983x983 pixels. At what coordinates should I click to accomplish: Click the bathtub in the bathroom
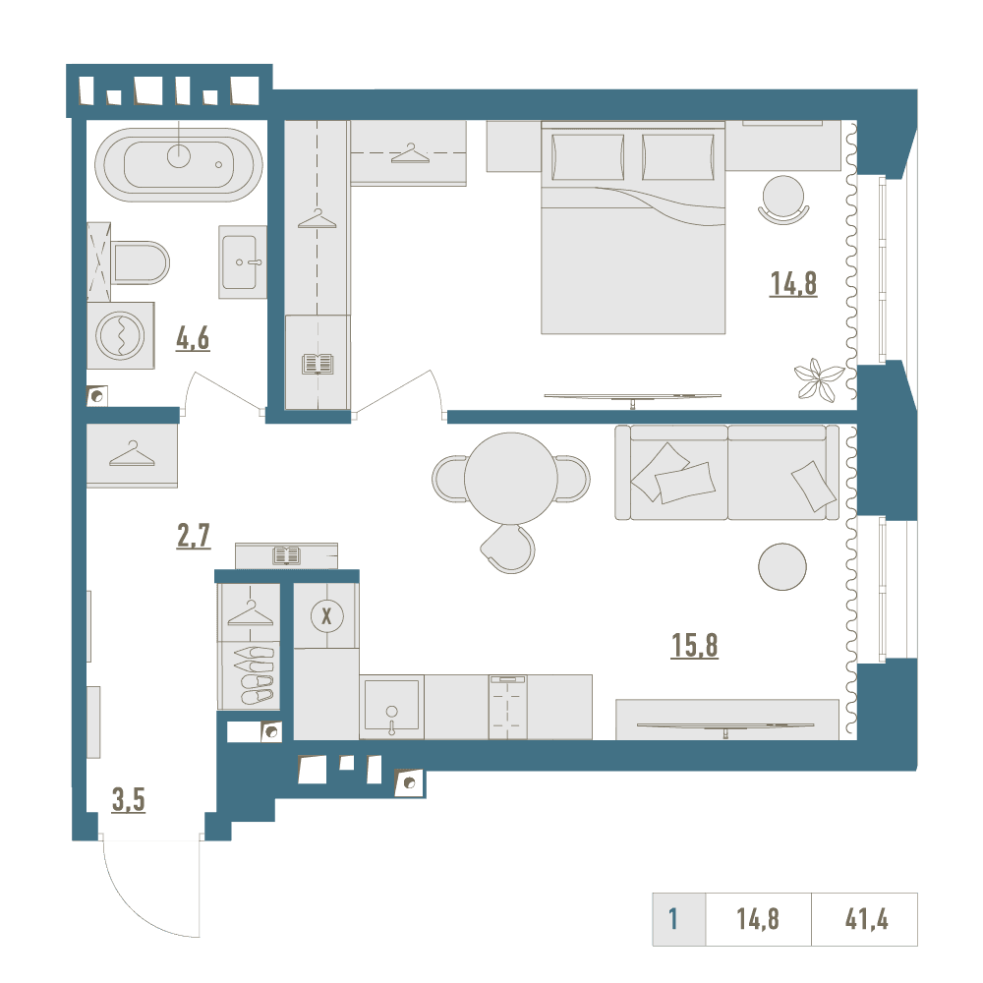coord(179,165)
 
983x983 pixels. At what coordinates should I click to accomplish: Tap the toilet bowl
coord(141,262)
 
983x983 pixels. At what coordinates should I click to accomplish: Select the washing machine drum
coord(120,335)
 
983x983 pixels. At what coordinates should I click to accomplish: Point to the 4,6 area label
coord(193,340)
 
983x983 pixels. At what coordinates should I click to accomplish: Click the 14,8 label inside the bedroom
coord(793,284)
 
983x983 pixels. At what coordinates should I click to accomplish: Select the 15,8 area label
coord(695,645)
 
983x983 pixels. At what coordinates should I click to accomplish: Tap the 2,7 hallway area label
coord(194,536)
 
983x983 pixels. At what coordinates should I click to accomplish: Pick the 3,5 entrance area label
coord(129,800)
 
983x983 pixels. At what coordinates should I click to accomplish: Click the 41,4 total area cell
coord(866,919)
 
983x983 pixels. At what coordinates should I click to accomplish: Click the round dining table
coord(511,479)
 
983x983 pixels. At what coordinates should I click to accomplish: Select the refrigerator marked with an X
coord(326,615)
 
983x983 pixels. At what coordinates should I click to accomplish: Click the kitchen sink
coord(392,705)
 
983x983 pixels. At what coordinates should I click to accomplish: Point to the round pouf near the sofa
coord(782,566)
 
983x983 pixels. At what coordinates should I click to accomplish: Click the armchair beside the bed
coord(783,200)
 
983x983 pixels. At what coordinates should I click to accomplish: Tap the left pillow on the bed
coord(588,157)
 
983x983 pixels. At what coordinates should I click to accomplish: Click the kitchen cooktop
coord(508,707)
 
